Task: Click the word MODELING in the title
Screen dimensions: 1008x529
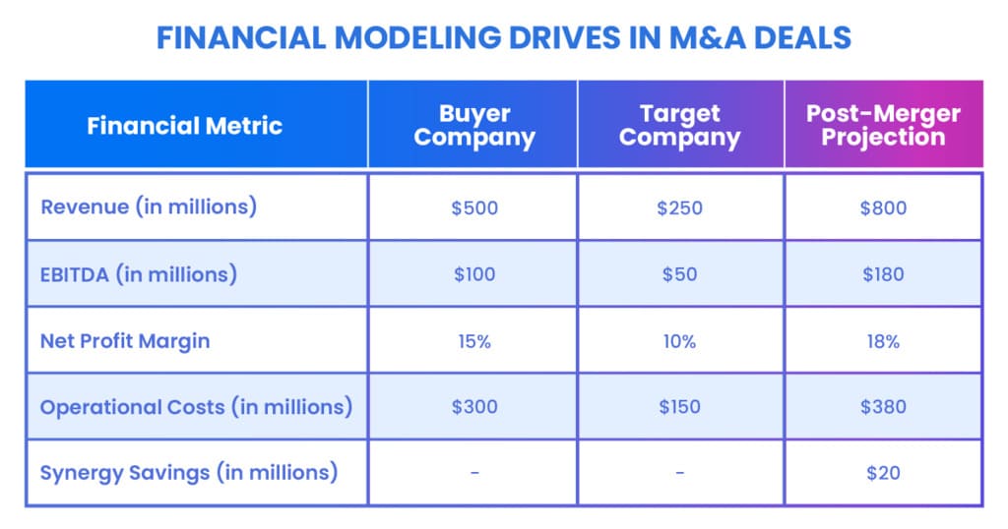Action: coord(417,38)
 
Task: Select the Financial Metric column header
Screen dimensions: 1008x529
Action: coord(184,126)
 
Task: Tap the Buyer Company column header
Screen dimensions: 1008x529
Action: coord(474,126)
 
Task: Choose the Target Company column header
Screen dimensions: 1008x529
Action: coord(680,126)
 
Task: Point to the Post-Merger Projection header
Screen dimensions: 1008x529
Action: coord(883,125)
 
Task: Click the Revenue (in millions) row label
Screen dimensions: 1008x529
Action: coord(149,206)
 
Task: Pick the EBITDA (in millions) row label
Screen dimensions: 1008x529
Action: coord(139,274)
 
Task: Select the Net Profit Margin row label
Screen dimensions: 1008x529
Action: coord(125,341)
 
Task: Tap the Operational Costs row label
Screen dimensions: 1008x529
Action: coord(196,406)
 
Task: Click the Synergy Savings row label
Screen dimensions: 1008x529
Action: coord(189,473)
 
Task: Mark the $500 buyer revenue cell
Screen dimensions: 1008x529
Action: coord(474,208)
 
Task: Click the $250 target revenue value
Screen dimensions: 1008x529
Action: coord(679,208)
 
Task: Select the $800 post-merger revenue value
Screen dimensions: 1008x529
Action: coord(883,208)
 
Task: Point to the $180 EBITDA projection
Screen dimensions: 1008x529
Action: coord(883,274)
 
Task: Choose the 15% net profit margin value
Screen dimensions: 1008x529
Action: coord(474,341)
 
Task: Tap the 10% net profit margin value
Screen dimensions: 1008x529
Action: coord(679,341)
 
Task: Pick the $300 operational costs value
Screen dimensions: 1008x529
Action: coord(474,406)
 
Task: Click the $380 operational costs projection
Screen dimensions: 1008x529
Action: coord(883,406)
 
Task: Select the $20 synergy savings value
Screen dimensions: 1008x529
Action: coord(883,473)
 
